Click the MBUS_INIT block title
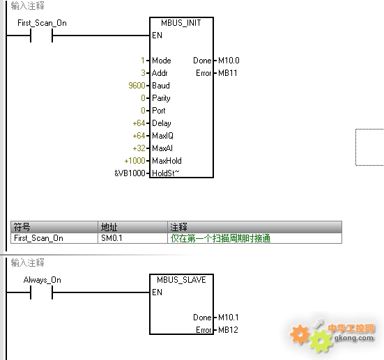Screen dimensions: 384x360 [181, 23]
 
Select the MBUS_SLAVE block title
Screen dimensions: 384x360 [181, 279]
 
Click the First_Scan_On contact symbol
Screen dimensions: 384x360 [41, 36]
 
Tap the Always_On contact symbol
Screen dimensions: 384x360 [41, 292]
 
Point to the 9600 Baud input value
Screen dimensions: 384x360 [137, 86]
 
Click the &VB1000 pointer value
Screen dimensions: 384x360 [130, 173]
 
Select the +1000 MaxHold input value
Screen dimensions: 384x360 [135, 161]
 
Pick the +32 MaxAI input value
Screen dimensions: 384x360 [139, 148]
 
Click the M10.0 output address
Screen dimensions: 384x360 [229, 61]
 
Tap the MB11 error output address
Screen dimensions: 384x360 [228, 73]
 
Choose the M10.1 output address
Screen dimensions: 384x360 [229, 318]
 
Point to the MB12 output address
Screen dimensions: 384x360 [228, 330]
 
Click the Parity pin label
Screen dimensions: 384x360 [161, 98]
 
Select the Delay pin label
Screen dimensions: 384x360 [162, 123]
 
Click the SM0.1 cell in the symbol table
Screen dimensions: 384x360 [112, 238]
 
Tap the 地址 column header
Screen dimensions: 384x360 [109, 227]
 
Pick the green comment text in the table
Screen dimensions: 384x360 [220, 238]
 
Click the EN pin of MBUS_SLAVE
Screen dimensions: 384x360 [157, 292]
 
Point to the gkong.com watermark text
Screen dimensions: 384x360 [354, 338]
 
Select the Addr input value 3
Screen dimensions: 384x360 [144, 73]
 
